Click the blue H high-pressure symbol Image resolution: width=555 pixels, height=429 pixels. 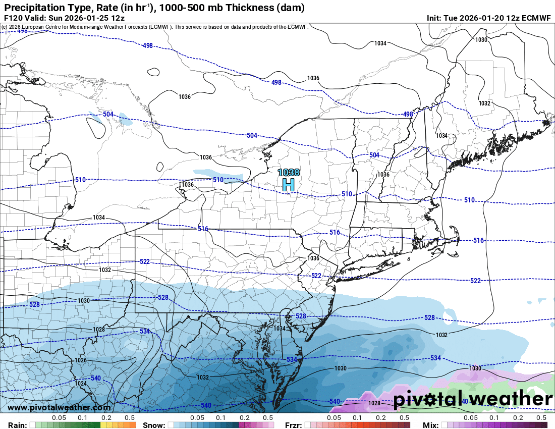(288, 185)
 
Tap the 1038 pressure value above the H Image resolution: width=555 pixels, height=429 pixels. (288, 173)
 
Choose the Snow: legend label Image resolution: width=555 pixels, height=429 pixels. (154, 425)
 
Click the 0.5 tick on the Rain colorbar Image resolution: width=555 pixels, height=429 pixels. (130, 418)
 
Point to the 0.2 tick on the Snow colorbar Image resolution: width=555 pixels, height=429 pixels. (244, 418)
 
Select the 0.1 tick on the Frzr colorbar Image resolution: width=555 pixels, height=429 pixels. (357, 418)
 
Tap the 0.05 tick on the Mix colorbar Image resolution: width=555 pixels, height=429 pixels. (471, 418)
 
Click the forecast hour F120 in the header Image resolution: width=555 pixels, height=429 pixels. (12, 18)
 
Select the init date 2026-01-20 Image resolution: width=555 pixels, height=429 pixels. (476, 18)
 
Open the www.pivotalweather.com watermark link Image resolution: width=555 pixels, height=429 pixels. (59, 407)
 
